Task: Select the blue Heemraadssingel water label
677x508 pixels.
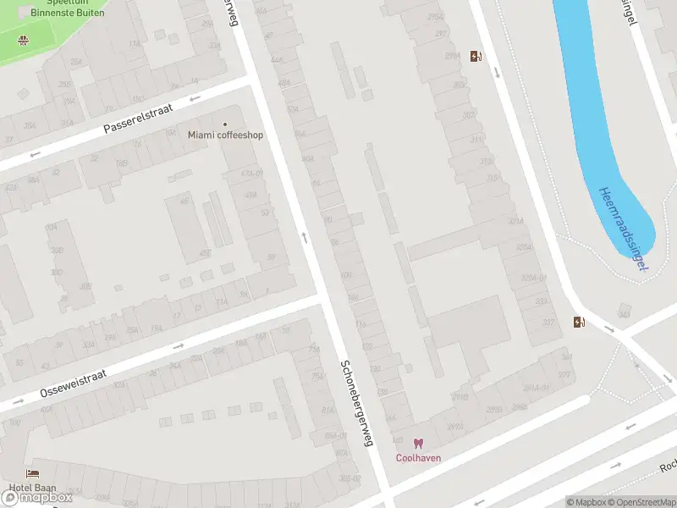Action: click(623, 229)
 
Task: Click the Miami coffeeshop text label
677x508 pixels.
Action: click(225, 135)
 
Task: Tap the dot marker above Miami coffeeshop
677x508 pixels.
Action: click(225, 124)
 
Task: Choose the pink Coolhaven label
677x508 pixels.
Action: click(419, 458)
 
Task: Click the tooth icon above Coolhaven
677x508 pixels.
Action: click(418, 444)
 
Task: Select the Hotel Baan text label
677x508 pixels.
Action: click(34, 488)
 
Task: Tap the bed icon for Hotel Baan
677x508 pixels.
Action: click(33, 474)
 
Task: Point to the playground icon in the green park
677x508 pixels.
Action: click(23, 40)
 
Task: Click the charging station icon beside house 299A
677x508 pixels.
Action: click(476, 57)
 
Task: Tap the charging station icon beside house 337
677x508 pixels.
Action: click(579, 322)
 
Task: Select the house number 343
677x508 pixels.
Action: click(625, 314)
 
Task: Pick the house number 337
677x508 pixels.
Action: click(548, 322)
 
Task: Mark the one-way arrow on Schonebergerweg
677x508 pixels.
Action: click(305, 237)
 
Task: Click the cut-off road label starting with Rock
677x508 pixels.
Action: click(669, 467)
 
